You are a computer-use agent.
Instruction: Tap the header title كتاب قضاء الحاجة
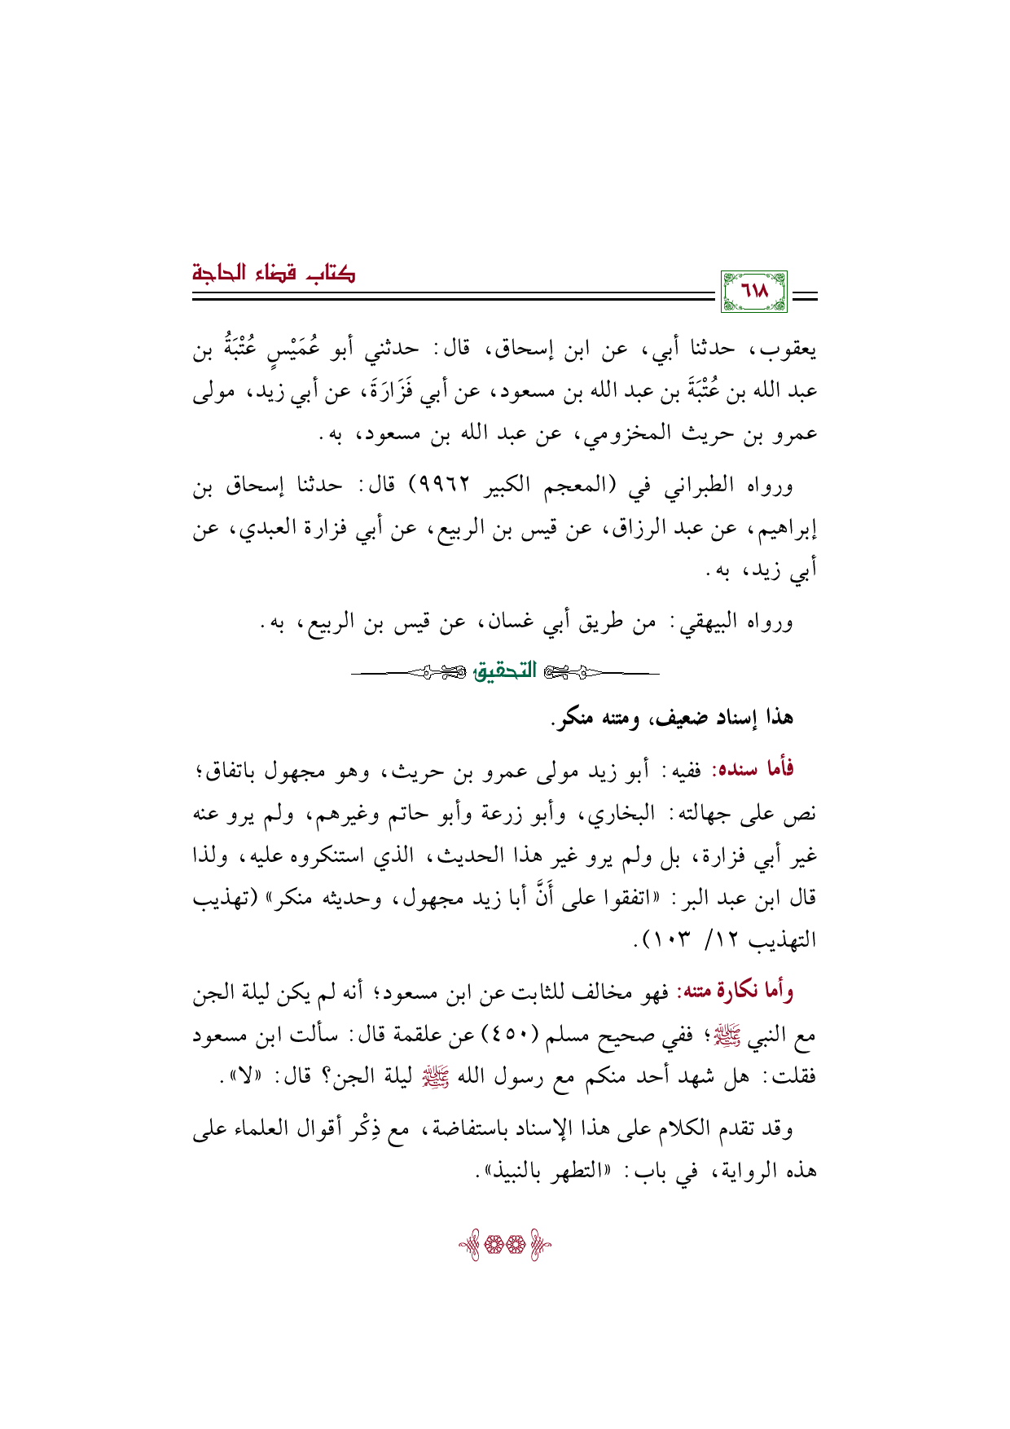(274, 273)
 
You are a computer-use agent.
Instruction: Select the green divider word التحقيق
(504, 671)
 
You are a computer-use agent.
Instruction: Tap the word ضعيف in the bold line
(685, 718)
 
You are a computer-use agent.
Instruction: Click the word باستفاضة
(460, 1130)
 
